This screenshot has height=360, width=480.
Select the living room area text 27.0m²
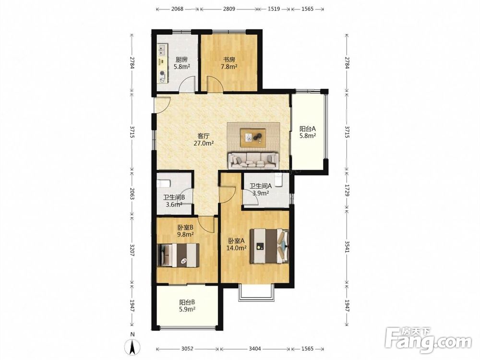[x=204, y=143]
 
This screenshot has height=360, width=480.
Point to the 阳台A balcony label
[x=308, y=129]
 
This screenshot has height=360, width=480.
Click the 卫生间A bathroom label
[x=261, y=186]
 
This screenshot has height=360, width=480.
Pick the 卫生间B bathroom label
[x=174, y=198]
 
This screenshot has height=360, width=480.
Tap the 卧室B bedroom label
[x=185, y=228]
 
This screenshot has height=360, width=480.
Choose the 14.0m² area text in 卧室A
[x=236, y=248]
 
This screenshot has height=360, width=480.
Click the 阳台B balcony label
[x=187, y=302]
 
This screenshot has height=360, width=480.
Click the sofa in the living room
[x=253, y=160]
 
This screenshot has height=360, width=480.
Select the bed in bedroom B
[x=178, y=255]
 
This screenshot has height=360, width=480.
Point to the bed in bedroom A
[x=269, y=246]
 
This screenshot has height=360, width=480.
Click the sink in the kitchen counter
[x=162, y=50]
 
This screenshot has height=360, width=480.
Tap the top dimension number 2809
[x=229, y=9]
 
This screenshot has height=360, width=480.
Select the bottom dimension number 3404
[x=255, y=348]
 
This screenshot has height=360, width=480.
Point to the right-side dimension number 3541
[x=347, y=247]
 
